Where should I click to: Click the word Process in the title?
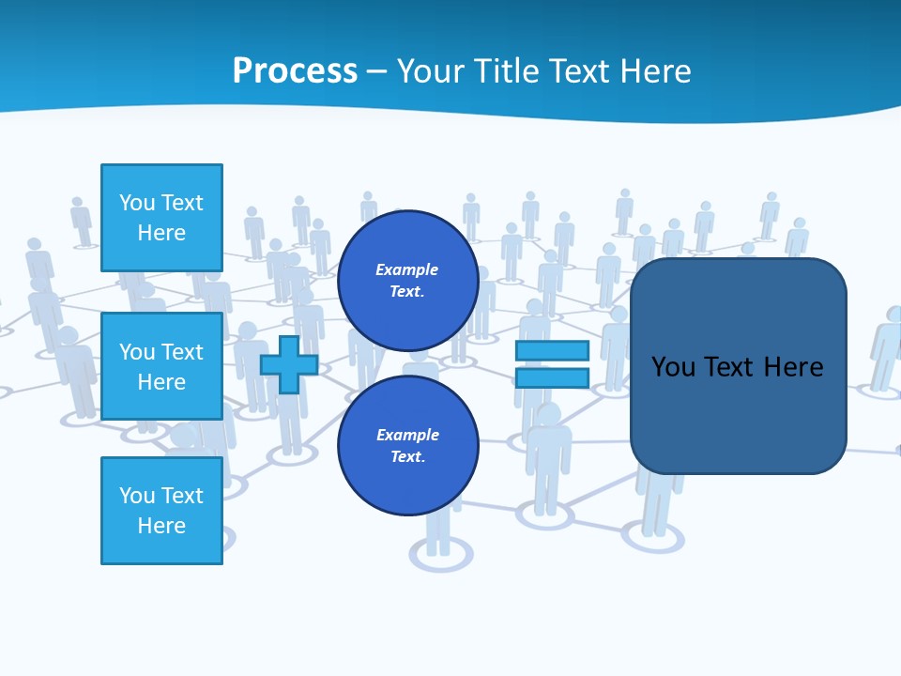(x=295, y=71)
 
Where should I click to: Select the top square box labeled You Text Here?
(x=161, y=218)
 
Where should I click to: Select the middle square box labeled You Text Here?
(x=161, y=366)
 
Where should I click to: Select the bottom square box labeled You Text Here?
(x=161, y=510)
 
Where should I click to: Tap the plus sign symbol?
(x=289, y=364)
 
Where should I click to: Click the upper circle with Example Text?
(x=407, y=281)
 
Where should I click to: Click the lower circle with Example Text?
(x=407, y=446)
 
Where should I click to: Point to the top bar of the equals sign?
(x=552, y=350)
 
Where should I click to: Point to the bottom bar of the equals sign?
(x=552, y=377)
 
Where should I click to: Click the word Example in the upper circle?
(x=407, y=269)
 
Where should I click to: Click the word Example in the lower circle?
(x=407, y=435)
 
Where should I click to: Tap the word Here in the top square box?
(x=161, y=233)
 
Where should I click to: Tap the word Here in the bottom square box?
(x=161, y=526)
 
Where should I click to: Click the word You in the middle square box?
(x=136, y=352)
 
